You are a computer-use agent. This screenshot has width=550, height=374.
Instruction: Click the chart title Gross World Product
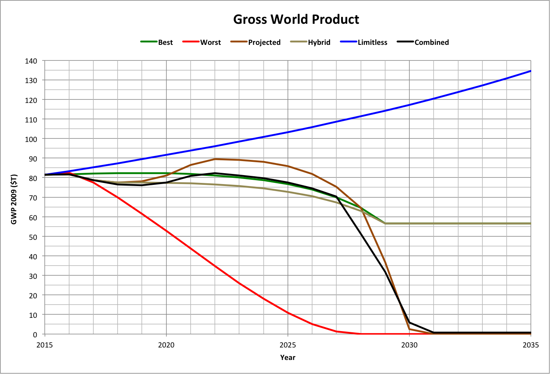pos(296,19)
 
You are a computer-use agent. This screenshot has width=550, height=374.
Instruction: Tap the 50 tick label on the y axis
pos(34,237)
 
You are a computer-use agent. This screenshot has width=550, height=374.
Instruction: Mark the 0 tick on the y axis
pos(35,335)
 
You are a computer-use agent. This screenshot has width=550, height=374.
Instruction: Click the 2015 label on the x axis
pos(45,345)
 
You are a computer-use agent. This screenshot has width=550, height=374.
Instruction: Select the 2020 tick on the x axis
pos(166,345)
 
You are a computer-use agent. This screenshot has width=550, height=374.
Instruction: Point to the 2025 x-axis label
pos(287,345)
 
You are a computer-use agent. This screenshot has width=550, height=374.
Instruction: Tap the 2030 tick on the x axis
pos(409,345)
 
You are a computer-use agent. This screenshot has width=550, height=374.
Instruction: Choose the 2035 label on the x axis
pos(530,345)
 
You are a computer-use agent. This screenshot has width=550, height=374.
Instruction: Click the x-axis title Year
pos(287,358)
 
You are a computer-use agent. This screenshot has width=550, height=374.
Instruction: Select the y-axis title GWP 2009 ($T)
pos(14,199)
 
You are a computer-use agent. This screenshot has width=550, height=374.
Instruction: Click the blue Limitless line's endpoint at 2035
pos(530,71)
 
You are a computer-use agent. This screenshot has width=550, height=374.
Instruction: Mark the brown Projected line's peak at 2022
pos(215,159)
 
